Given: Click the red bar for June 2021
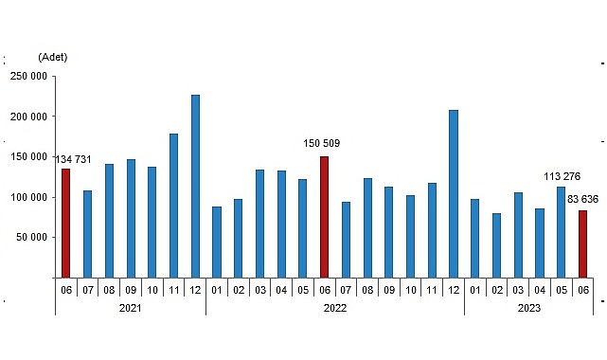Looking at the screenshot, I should pos(66,223).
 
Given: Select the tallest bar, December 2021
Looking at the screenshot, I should pos(195,186).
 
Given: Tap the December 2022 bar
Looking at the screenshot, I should pos(454,193).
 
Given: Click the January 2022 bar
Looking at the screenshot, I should pos(217,242).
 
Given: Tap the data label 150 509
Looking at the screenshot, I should pos(323,144).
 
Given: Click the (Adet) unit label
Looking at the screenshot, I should pos(53,57).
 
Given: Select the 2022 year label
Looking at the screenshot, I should pos(335,308).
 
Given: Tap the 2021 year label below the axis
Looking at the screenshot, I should pos(131,308).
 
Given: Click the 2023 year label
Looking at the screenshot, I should pos(528,308).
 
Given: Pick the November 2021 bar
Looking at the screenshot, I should pos(173,206).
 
